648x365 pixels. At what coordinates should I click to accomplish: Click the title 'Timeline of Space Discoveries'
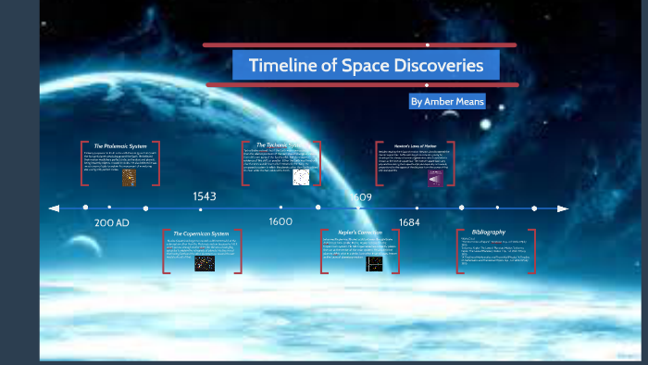pos(366,66)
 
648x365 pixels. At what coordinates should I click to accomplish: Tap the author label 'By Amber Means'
pos(447,101)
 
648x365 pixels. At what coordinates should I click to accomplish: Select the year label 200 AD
pos(111,223)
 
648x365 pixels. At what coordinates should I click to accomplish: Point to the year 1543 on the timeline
pos(205,196)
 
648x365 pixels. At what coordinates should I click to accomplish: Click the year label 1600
pos(280,222)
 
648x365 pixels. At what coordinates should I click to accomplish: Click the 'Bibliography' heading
pos(488,232)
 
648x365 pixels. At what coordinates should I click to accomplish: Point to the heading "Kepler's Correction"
pos(360,233)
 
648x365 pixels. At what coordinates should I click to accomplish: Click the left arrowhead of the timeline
pos(55,208)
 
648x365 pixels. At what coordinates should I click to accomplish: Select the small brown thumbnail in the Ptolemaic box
pos(129,178)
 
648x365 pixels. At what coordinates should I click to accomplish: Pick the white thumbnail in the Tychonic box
pos(301,178)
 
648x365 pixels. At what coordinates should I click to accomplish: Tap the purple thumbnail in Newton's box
pos(435,178)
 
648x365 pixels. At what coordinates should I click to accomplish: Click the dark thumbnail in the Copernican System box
pos(205,264)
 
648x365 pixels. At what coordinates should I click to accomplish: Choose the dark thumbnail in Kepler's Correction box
pos(374,264)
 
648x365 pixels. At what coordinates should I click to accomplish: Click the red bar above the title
pos(359,44)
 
